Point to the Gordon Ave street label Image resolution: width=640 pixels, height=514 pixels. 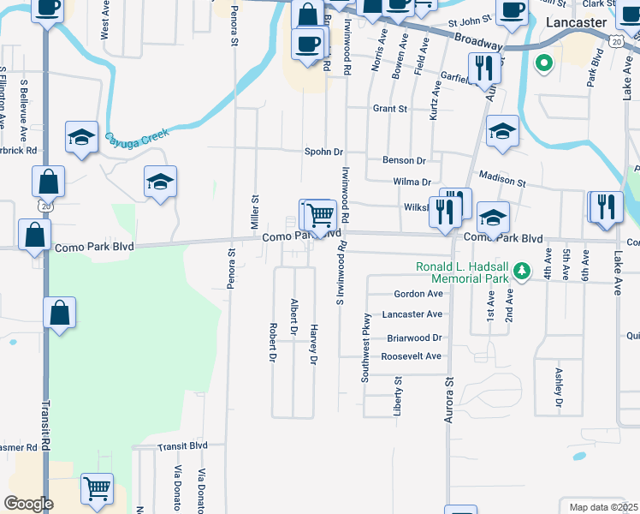pyautogui.click(x=418, y=293)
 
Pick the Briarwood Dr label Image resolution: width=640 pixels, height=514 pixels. pyautogui.click(x=413, y=338)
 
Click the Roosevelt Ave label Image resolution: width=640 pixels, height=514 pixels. pyautogui.click(x=411, y=356)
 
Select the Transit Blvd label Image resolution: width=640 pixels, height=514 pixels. pyautogui.click(x=181, y=445)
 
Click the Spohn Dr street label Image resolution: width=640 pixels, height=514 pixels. pyautogui.click(x=323, y=152)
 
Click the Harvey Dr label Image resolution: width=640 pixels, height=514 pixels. pyautogui.click(x=314, y=345)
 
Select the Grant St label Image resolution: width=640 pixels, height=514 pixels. pyautogui.click(x=389, y=109)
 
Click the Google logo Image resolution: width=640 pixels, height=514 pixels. pyautogui.click(x=28, y=504)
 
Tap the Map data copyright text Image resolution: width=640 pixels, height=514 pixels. pyautogui.click(x=603, y=507)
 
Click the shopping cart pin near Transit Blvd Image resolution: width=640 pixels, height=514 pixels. pyautogui.click(x=97, y=489)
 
